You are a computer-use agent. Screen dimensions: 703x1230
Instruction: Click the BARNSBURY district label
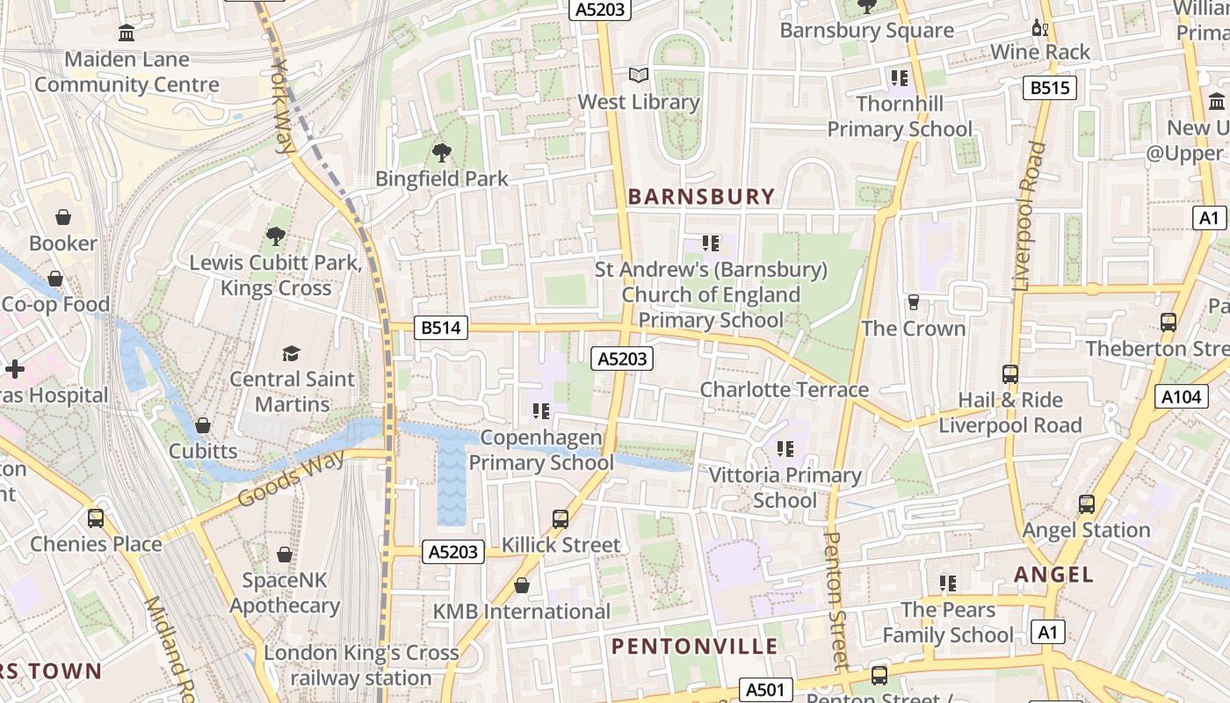click(702, 197)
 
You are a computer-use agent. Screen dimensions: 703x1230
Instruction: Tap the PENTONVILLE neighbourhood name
click(694, 647)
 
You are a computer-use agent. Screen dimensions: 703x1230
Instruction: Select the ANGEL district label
click(1054, 575)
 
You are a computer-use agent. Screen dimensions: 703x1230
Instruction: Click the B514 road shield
click(439, 329)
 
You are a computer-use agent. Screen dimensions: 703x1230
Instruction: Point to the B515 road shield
click(1050, 88)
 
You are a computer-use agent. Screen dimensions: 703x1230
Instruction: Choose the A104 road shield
click(1180, 397)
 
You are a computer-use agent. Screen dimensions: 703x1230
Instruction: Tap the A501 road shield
click(765, 690)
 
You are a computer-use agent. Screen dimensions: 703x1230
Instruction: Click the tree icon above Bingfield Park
click(442, 153)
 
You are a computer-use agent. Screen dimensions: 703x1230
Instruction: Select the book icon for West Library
click(639, 76)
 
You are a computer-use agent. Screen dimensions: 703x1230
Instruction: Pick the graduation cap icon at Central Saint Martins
click(291, 353)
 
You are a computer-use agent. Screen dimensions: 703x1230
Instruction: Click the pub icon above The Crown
click(914, 302)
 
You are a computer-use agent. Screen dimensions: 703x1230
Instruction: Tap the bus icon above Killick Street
click(561, 518)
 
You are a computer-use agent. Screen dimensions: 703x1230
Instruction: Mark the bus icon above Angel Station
click(1087, 504)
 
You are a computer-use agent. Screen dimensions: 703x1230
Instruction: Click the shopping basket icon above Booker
click(63, 217)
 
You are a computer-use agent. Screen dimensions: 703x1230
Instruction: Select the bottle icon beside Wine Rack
click(1040, 27)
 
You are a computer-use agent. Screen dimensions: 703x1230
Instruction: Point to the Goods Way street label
click(279, 477)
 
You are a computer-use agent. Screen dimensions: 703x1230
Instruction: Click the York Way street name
click(284, 105)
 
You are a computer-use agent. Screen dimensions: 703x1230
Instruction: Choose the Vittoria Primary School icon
click(785, 449)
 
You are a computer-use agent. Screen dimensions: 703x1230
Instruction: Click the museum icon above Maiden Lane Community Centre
click(127, 33)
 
